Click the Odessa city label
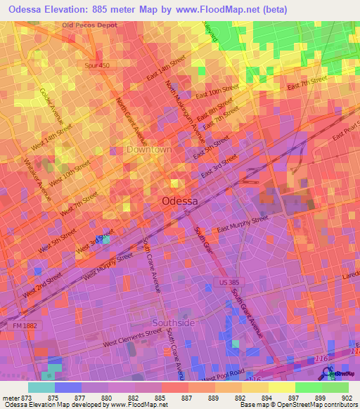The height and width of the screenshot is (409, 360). click(x=180, y=200)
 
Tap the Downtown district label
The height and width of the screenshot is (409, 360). click(x=149, y=150)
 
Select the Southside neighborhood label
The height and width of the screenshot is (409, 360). click(x=174, y=323)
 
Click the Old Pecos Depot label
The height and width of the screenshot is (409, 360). click(x=89, y=25)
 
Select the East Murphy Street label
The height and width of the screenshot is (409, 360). click(x=243, y=224)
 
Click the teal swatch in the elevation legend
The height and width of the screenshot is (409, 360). click(x=41, y=387)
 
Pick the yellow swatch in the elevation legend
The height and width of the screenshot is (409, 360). click(x=282, y=387)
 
